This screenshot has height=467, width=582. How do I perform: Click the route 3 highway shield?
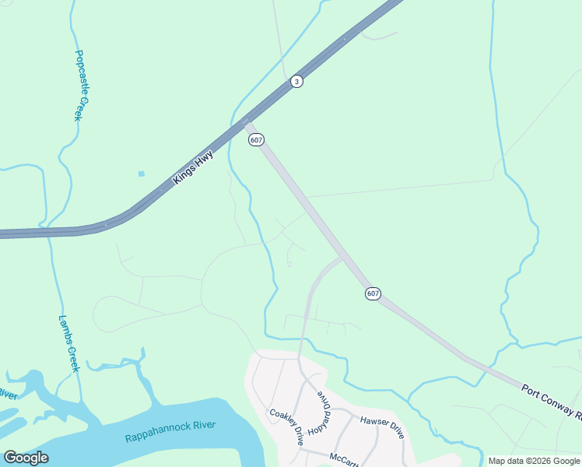click(x=296, y=81)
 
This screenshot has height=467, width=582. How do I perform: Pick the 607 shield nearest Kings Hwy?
click(x=257, y=139)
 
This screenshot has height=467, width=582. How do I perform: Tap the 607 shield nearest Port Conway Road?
click(x=373, y=293)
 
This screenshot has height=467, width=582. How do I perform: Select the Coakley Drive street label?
click(x=286, y=427)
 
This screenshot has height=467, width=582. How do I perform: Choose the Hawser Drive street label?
click(x=381, y=425)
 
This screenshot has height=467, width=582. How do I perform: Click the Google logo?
click(x=26, y=458)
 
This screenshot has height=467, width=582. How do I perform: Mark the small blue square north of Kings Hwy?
click(x=141, y=174)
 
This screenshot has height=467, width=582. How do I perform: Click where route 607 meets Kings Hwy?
click(x=246, y=121)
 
